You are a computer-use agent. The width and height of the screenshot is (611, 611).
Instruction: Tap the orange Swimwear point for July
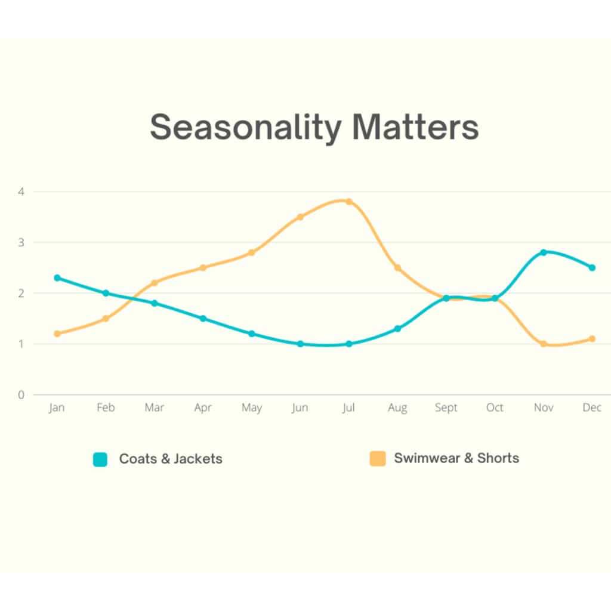pos(349,202)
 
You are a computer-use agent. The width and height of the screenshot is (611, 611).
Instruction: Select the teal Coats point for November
pos(544,252)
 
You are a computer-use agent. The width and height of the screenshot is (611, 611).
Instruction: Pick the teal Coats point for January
pos(57,278)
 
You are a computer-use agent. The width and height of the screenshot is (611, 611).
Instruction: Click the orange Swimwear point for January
pos(57,334)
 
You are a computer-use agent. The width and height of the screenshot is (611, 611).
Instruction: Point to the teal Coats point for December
pos(592,268)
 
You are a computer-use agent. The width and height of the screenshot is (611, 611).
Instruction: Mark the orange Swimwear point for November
pos(544,344)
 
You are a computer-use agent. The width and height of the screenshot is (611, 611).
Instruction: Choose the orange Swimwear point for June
pos(301,217)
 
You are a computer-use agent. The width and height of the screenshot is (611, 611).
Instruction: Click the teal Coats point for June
pos(301,344)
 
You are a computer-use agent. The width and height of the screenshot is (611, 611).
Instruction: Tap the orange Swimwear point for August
pos(397,268)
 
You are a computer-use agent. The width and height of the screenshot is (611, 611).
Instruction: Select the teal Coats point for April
pos(203,319)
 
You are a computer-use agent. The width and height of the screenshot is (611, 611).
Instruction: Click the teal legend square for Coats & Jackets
pos(100,459)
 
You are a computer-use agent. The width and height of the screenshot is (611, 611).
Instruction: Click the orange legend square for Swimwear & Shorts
pos(378,459)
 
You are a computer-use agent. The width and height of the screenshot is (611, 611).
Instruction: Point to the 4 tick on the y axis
pos(21,192)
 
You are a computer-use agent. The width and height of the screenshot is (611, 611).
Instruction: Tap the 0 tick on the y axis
pos(21,395)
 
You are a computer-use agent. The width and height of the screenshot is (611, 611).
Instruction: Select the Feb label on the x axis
pos(106,408)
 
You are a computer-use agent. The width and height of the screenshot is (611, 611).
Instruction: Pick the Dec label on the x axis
pos(592,408)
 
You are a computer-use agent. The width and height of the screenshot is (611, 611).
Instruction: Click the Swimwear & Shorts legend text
pos(456,458)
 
